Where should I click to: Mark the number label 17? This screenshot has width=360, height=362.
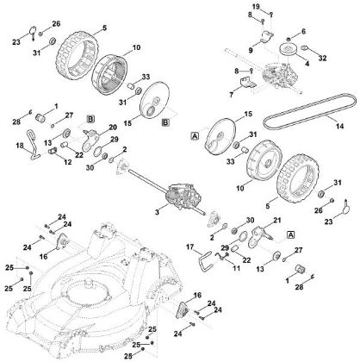click(x=189, y=247)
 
